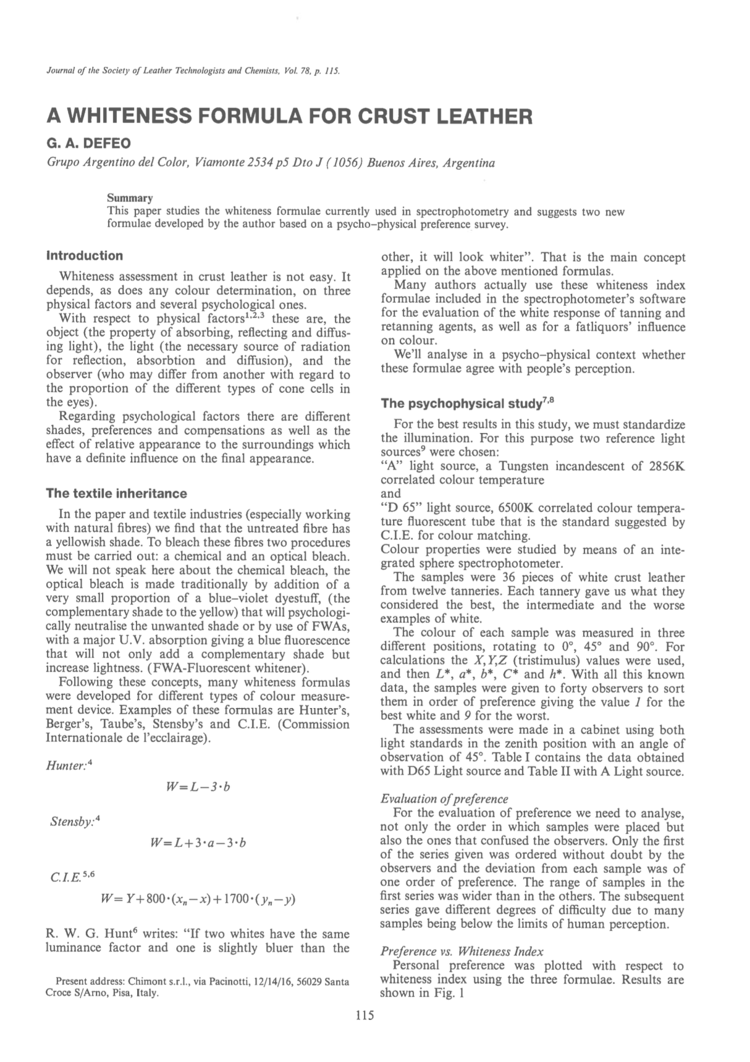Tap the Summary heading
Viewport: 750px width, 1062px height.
point(130,198)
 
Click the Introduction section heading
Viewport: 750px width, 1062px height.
point(85,255)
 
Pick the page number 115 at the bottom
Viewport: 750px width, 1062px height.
point(365,1014)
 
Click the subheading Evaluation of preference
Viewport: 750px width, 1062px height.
point(444,799)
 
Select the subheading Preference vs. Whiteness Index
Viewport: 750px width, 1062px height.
point(462,951)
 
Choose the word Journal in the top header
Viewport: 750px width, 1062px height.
point(59,70)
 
